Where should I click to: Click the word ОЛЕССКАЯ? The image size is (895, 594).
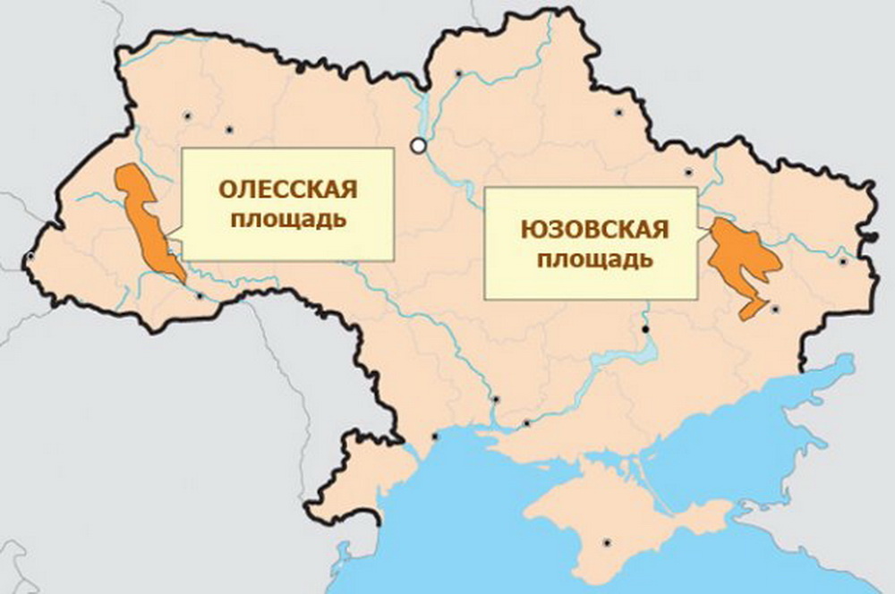click(x=288, y=190)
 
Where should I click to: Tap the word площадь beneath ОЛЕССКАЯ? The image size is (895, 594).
click(x=288, y=218)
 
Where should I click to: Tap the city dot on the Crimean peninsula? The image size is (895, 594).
click(x=608, y=542)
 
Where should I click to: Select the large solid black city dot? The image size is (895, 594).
click(x=645, y=330)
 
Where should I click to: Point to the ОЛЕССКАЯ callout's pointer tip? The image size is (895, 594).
click(x=170, y=239)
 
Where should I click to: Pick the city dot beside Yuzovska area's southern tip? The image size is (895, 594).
click(x=776, y=309)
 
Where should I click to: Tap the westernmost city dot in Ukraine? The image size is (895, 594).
click(x=31, y=256)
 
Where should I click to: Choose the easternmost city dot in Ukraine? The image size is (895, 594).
click(x=843, y=262)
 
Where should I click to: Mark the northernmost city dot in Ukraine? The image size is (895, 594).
click(x=459, y=73)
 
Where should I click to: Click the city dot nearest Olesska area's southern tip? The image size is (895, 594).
click(x=200, y=296)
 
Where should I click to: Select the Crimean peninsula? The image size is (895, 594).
click(x=618, y=528)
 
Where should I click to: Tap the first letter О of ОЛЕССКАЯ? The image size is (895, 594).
click(x=227, y=190)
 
